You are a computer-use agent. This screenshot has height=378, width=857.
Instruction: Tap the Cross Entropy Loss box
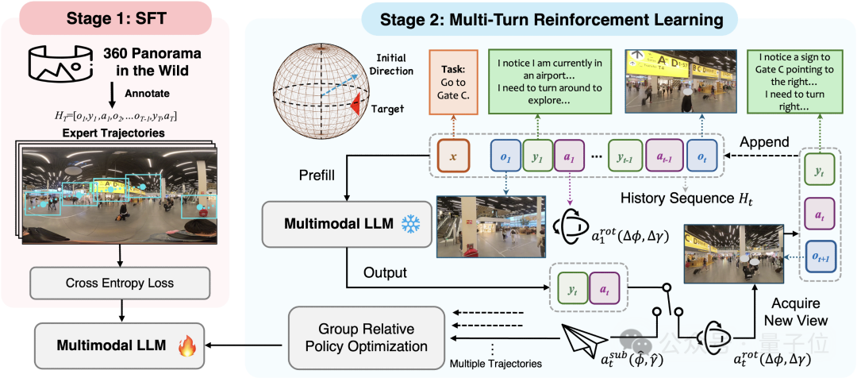pyautogui.click(x=119, y=281)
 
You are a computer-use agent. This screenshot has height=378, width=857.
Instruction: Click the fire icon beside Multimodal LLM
pyautogui.click(x=187, y=345)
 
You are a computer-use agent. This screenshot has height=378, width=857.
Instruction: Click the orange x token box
pyautogui.click(x=453, y=157)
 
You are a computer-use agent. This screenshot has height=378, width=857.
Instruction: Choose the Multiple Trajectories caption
pyautogui.click(x=496, y=364)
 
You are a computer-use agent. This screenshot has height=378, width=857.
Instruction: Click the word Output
pyautogui.click(x=385, y=272)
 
